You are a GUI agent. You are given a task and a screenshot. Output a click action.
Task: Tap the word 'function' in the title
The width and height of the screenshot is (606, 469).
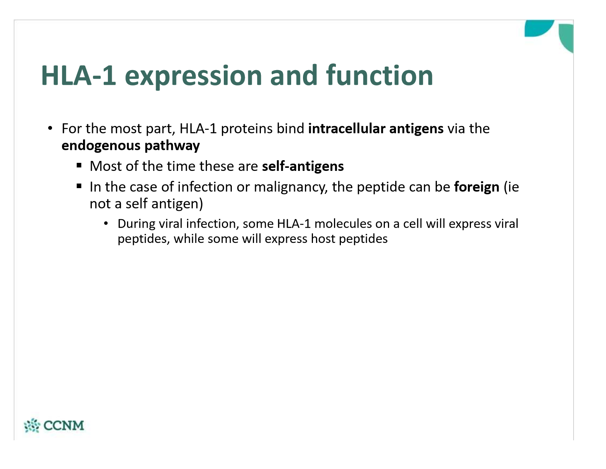coord(379,75)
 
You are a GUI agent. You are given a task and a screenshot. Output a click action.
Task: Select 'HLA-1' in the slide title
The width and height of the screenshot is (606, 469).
coord(78,75)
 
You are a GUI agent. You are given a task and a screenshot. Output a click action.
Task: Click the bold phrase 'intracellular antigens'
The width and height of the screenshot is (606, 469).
coord(376,128)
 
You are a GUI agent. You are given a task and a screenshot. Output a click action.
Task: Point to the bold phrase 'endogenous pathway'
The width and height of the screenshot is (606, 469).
coord(130,146)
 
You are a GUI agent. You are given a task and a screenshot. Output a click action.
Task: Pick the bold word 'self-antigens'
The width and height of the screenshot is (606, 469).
coord(303,166)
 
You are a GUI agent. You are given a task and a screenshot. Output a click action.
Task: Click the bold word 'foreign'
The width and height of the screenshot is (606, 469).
coord(477,187)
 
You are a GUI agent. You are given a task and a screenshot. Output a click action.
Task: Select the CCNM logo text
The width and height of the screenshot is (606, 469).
coord(64,425)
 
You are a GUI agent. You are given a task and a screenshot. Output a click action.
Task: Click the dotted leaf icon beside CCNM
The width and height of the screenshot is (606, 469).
coord(32,425)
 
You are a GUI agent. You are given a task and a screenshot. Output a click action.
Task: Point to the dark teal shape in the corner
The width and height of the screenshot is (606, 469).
coord(539,28)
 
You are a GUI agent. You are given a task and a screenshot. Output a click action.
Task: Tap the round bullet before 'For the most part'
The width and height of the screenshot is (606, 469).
coord(50,128)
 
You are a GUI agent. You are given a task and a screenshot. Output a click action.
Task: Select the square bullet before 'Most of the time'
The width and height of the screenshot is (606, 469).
coord(79,166)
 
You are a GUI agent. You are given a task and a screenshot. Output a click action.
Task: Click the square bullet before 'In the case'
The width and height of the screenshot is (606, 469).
coord(79,186)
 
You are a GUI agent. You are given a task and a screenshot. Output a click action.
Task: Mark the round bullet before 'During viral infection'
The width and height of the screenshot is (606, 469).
coord(106,223)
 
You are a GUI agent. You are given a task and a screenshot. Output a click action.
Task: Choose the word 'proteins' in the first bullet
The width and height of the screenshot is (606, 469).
coord(246,129)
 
